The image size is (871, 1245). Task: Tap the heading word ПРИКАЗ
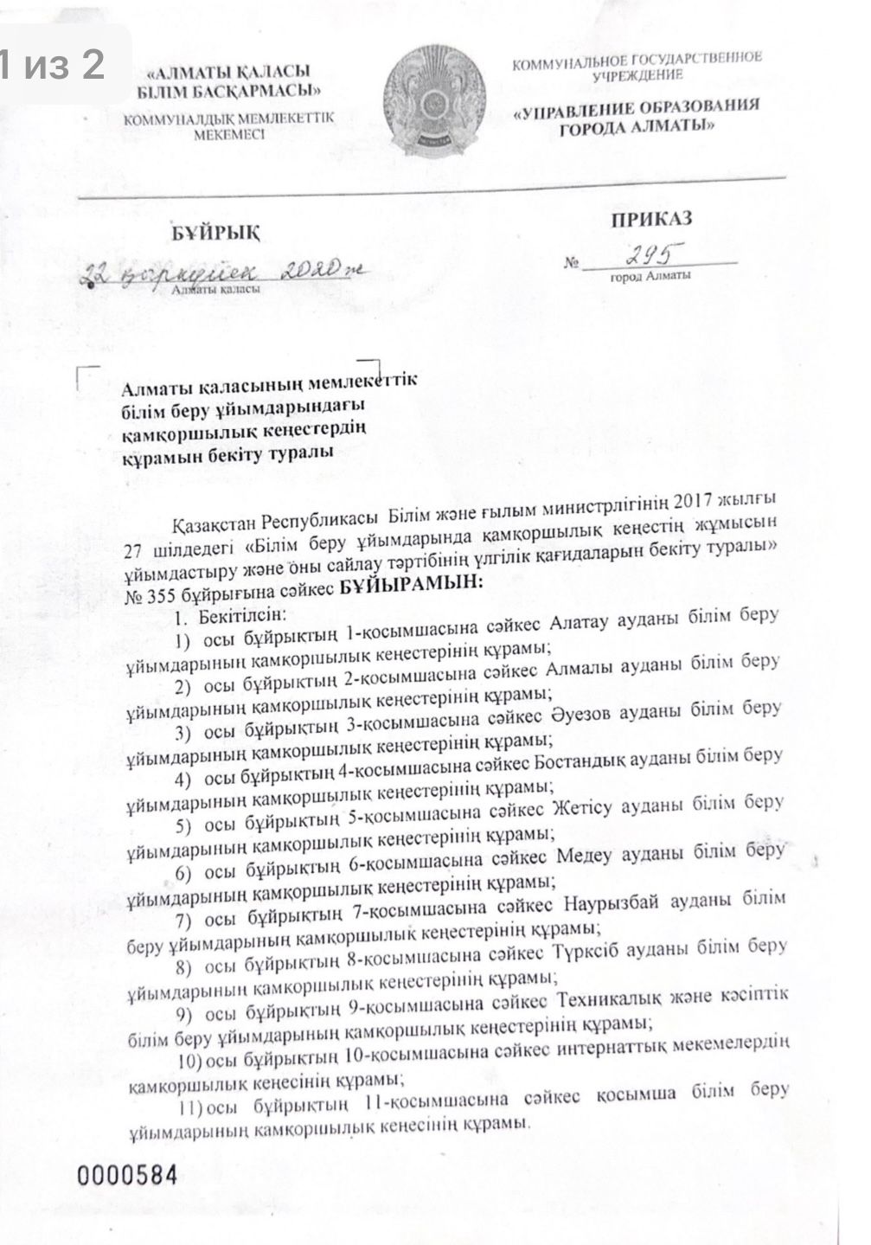[651, 218]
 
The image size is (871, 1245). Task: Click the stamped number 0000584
[127, 1176]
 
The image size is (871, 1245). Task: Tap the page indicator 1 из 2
[54, 64]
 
